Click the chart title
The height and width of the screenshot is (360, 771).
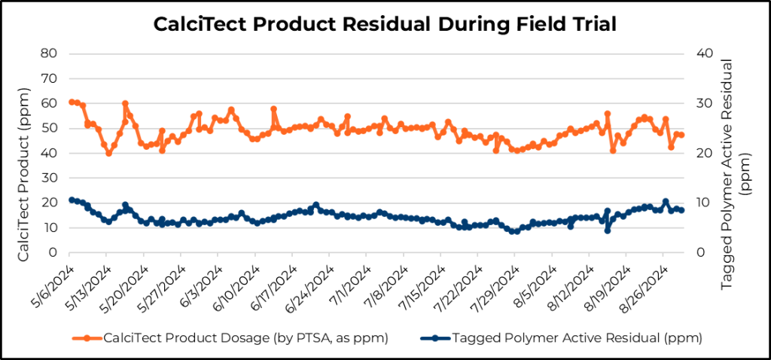(385, 25)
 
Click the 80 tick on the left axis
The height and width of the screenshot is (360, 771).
(51, 53)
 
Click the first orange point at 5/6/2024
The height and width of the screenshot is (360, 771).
(72, 102)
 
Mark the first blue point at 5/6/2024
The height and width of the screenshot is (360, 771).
(72, 200)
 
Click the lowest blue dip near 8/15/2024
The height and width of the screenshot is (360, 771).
(607, 230)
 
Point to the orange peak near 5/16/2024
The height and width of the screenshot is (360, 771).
(125, 104)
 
